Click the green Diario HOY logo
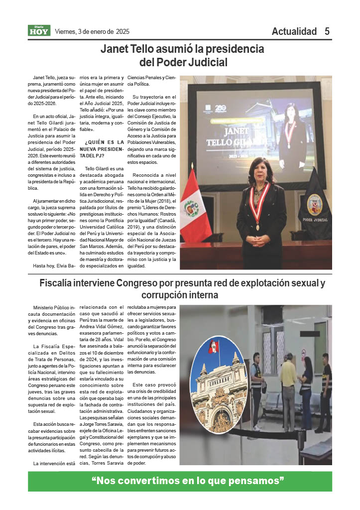(39, 31)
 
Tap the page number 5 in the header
(327, 31)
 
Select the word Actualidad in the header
(294, 31)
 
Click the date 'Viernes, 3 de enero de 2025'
(92, 31)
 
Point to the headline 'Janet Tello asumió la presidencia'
(182, 49)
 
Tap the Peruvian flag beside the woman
(195, 205)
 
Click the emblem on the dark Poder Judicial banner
(314, 204)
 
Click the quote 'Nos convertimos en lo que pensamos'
(188, 481)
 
